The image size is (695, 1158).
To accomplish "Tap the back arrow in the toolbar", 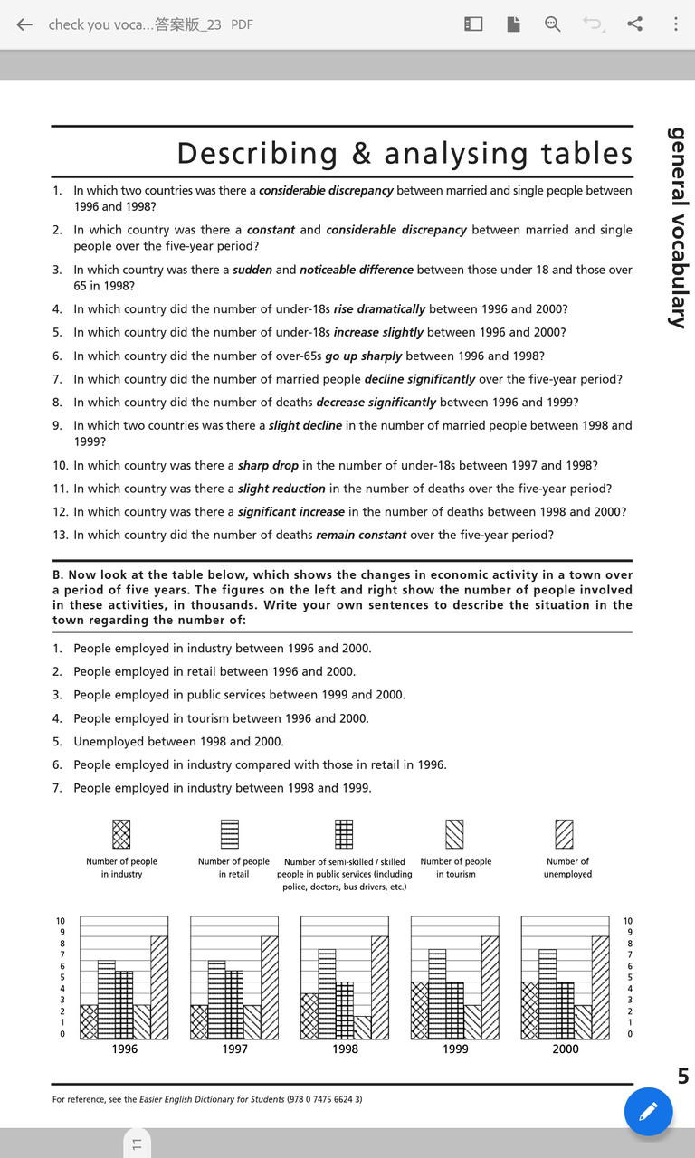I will point(24,24).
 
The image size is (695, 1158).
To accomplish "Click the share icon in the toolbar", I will point(635,24).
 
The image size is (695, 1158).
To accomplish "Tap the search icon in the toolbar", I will point(552,24).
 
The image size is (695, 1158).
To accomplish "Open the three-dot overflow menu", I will point(675,24).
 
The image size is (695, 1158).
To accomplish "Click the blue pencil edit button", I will point(648,1111).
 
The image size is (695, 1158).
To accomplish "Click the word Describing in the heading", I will point(257,153).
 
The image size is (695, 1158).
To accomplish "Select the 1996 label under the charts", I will point(125,1049).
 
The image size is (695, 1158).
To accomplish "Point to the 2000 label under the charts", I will point(566,1049).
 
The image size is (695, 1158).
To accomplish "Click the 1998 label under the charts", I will point(345,1049).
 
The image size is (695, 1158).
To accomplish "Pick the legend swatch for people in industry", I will point(121,833).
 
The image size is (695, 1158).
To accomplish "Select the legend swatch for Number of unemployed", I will point(565,833).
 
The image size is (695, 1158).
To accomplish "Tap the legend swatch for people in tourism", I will point(454,833).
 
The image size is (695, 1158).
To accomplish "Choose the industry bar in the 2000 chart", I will point(530,1010).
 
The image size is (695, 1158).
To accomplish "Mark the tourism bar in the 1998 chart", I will point(362,1027).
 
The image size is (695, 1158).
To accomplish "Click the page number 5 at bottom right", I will point(683,1077).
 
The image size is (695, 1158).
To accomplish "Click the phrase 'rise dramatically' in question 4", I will point(380,309).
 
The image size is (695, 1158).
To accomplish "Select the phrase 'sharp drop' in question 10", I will point(268,465).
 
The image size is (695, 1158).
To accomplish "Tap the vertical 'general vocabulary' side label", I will point(677,226).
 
